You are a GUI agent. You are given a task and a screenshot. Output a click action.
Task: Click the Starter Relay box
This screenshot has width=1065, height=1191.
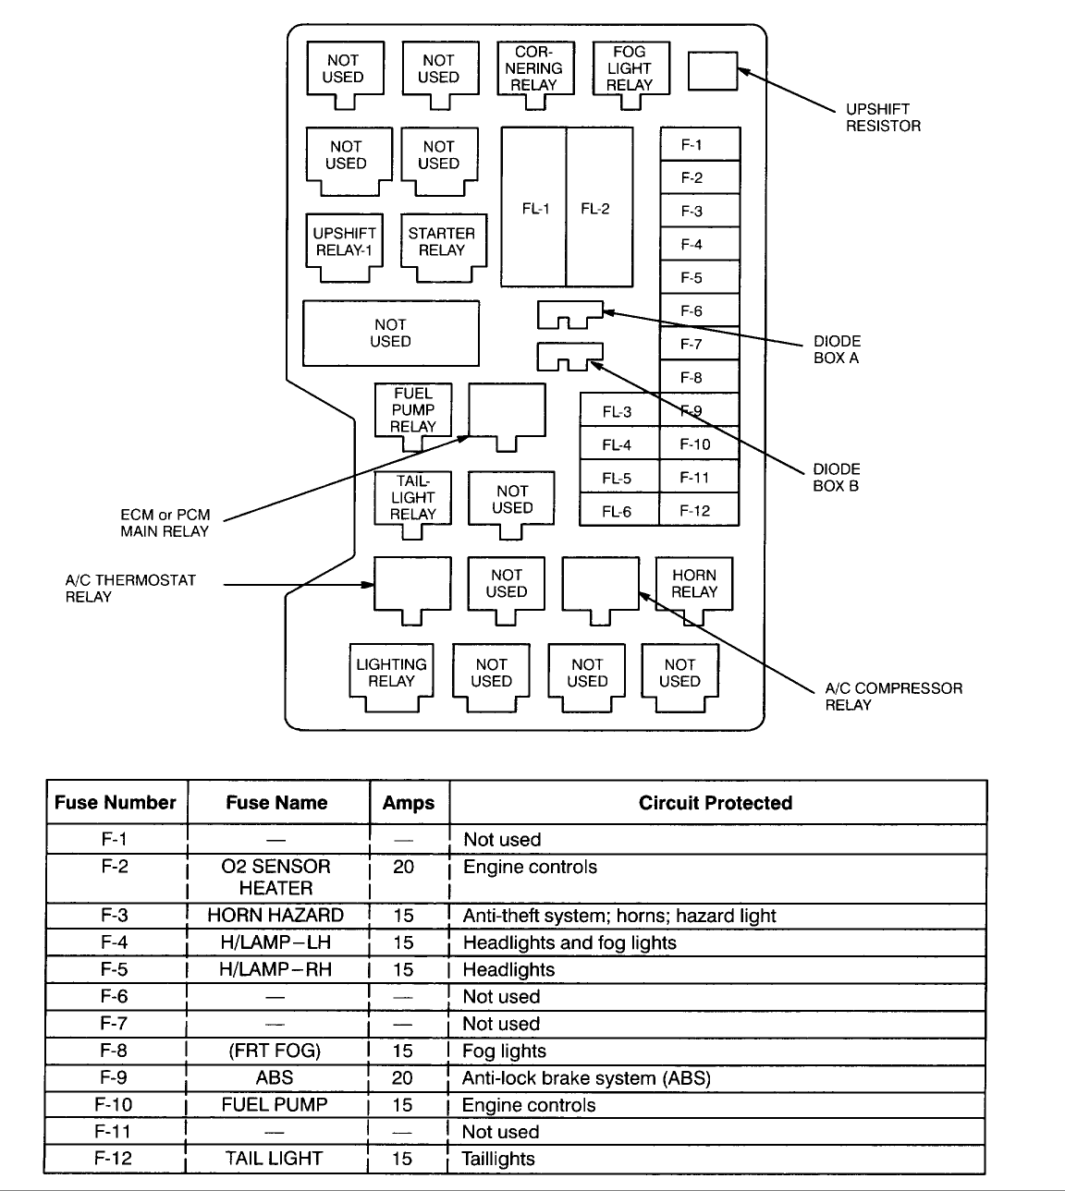tap(442, 242)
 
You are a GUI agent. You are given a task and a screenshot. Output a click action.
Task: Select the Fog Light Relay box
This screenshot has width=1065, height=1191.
tap(630, 68)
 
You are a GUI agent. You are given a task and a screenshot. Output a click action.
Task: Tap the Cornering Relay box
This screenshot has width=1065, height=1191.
tap(534, 68)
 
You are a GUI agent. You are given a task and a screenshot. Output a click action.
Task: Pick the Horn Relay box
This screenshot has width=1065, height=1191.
tap(694, 584)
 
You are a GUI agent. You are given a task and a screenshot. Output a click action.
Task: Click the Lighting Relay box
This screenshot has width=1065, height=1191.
tap(391, 673)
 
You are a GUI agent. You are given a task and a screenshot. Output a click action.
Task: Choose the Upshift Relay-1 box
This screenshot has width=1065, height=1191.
tap(345, 242)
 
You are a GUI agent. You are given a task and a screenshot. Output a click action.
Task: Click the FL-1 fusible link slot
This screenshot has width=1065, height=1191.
tap(535, 209)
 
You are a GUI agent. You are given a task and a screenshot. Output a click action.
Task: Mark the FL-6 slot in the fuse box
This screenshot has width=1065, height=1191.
tap(617, 511)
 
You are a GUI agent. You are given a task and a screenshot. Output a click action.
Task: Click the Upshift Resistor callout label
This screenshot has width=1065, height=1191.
tap(883, 117)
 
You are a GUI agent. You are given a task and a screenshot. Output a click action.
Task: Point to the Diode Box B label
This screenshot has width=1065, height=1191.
tap(837, 477)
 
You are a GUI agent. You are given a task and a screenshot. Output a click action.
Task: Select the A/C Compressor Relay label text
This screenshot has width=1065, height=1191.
tap(893, 697)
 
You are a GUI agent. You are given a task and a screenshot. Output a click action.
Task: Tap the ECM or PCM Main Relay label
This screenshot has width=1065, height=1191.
tap(165, 523)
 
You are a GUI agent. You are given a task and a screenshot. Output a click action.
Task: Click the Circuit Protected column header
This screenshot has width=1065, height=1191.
tap(716, 803)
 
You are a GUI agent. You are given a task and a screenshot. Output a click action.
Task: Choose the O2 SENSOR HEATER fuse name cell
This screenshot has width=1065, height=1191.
tap(275, 877)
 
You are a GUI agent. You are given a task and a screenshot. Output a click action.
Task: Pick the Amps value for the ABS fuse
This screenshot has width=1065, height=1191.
tap(402, 1077)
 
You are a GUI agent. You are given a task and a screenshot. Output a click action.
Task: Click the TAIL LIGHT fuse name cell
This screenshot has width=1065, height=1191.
tap(275, 1159)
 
